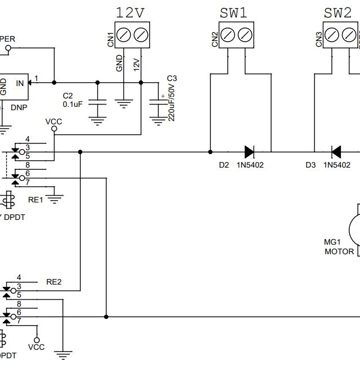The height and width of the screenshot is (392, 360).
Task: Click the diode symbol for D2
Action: coord(249,151)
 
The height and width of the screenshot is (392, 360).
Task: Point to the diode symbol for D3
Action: coord(336,151)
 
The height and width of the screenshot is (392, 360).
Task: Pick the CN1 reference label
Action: coord(111,38)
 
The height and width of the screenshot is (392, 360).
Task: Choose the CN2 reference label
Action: coord(215,38)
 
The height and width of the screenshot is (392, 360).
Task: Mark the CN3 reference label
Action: coord(319,38)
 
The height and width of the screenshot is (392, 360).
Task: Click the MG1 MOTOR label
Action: coord(339,247)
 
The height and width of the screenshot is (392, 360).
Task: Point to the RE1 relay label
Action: coord(35,200)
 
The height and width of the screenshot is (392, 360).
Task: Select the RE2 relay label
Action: coord(54,282)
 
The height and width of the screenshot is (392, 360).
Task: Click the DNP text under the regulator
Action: coord(19,107)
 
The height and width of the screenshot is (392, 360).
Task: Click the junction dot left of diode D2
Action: coord(210,152)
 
